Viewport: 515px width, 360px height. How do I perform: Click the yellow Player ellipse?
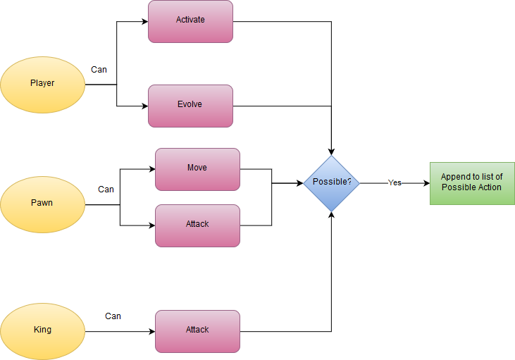tap(42, 84)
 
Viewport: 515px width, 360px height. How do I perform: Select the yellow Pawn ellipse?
tap(42, 204)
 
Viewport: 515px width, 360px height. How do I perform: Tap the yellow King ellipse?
tap(42, 330)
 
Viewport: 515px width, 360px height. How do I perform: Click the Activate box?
tap(190, 20)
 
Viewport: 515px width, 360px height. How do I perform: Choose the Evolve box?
tap(190, 105)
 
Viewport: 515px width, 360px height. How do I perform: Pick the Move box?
tap(197, 168)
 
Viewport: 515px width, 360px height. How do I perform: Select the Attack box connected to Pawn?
tap(197, 225)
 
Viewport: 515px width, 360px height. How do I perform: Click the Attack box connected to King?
tap(197, 330)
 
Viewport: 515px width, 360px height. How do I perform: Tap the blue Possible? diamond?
tap(331, 182)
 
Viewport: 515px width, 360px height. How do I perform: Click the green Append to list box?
tap(472, 182)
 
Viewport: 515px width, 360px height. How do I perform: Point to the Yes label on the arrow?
tap(395, 182)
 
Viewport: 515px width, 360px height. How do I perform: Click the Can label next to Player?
tap(99, 70)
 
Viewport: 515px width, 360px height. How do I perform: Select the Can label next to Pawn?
tap(106, 190)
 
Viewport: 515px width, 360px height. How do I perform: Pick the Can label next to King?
tap(113, 316)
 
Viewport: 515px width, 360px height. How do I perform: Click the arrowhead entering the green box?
tap(426, 183)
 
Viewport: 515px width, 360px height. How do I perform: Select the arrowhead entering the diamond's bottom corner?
tap(331, 214)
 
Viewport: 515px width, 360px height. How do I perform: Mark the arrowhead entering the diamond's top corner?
tap(331, 151)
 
